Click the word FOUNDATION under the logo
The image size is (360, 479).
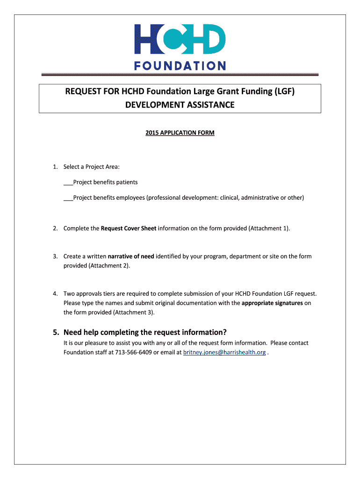(180, 66)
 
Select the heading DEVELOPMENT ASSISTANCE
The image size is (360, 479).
(180, 105)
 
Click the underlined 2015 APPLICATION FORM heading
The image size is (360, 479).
(180, 133)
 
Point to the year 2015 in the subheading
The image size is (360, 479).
(152, 133)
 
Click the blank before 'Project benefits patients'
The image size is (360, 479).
(68, 182)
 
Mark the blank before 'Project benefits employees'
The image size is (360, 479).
(68, 198)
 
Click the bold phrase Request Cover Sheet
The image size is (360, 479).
(129, 228)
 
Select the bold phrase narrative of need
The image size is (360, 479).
(131, 256)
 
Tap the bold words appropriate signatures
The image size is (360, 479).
(272, 303)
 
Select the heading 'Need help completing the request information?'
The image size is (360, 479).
(145, 333)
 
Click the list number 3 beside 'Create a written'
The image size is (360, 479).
(55, 256)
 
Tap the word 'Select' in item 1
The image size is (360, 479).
(72, 167)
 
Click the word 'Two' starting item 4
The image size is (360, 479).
(69, 294)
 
